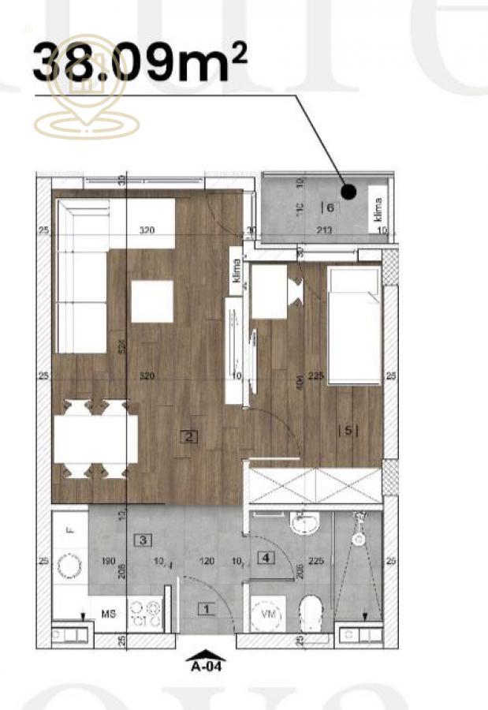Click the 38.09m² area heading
click(x=130, y=62)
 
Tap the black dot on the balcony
click(x=348, y=191)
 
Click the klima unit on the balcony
click(x=378, y=211)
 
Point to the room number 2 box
click(x=188, y=435)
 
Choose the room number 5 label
click(x=348, y=431)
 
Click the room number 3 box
click(x=143, y=540)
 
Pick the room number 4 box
click(x=266, y=558)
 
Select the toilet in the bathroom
click(x=313, y=611)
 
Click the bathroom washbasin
click(x=303, y=524)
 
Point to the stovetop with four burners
click(x=145, y=614)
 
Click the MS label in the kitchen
click(x=109, y=613)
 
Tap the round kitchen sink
click(x=70, y=566)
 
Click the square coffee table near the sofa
click(x=152, y=301)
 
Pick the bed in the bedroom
click(x=354, y=325)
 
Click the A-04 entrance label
click(x=205, y=664)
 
